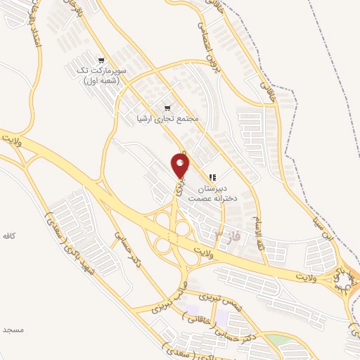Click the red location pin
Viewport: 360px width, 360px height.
[x=181, y=166]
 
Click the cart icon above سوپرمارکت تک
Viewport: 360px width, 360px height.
[x=102, y=60]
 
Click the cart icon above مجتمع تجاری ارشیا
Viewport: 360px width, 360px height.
[x=167, y=108]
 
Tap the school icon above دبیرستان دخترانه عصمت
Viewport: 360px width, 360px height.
[x=212, y=176]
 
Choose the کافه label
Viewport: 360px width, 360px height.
[x=8, y=233]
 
